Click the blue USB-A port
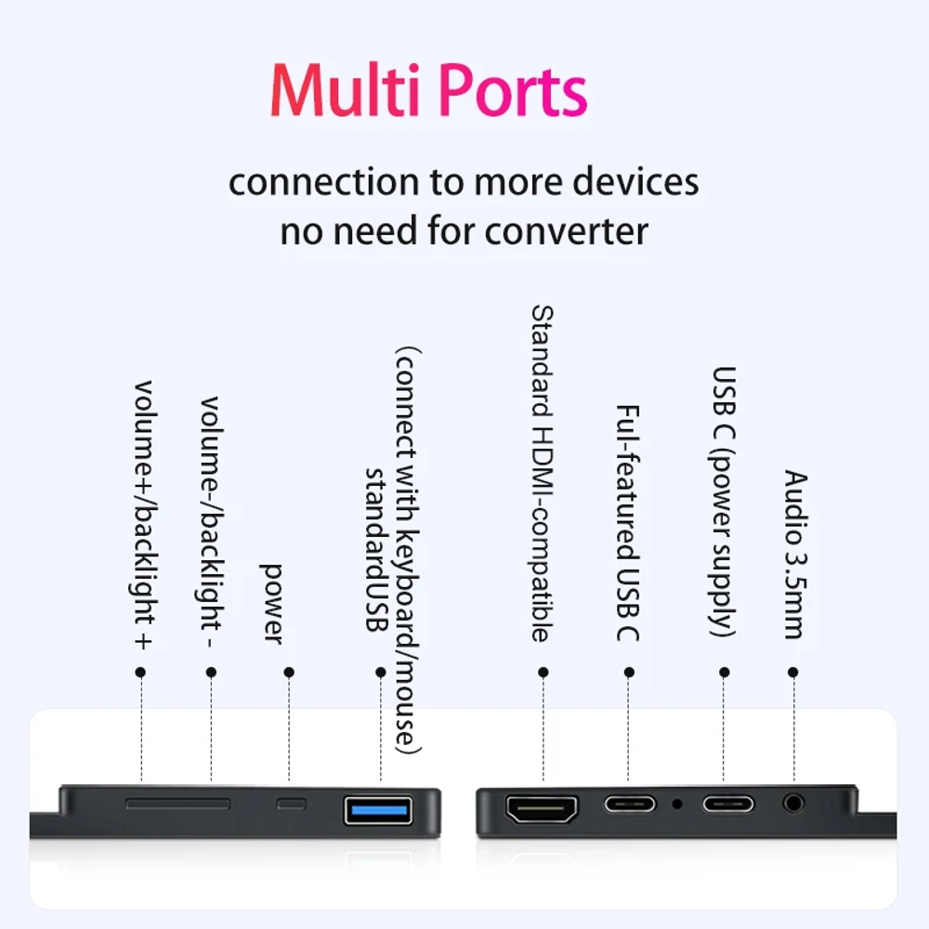[379, 810]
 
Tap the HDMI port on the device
[542, 809]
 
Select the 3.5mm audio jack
[793, 804]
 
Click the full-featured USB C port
[630, 804]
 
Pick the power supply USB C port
[728, 804]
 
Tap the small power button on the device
[292, 804]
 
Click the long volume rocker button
[177, 804]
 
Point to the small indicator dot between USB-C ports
[677, 804]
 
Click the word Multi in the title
[346, 89]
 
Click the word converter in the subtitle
[567, 231]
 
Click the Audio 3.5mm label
[796, 555]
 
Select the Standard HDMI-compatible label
[542, 474]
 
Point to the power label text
[272, 605]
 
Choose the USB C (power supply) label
[723, 503]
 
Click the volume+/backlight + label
[143, 516]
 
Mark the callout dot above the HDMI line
[543, 672]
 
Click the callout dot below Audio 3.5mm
[793, 672]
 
